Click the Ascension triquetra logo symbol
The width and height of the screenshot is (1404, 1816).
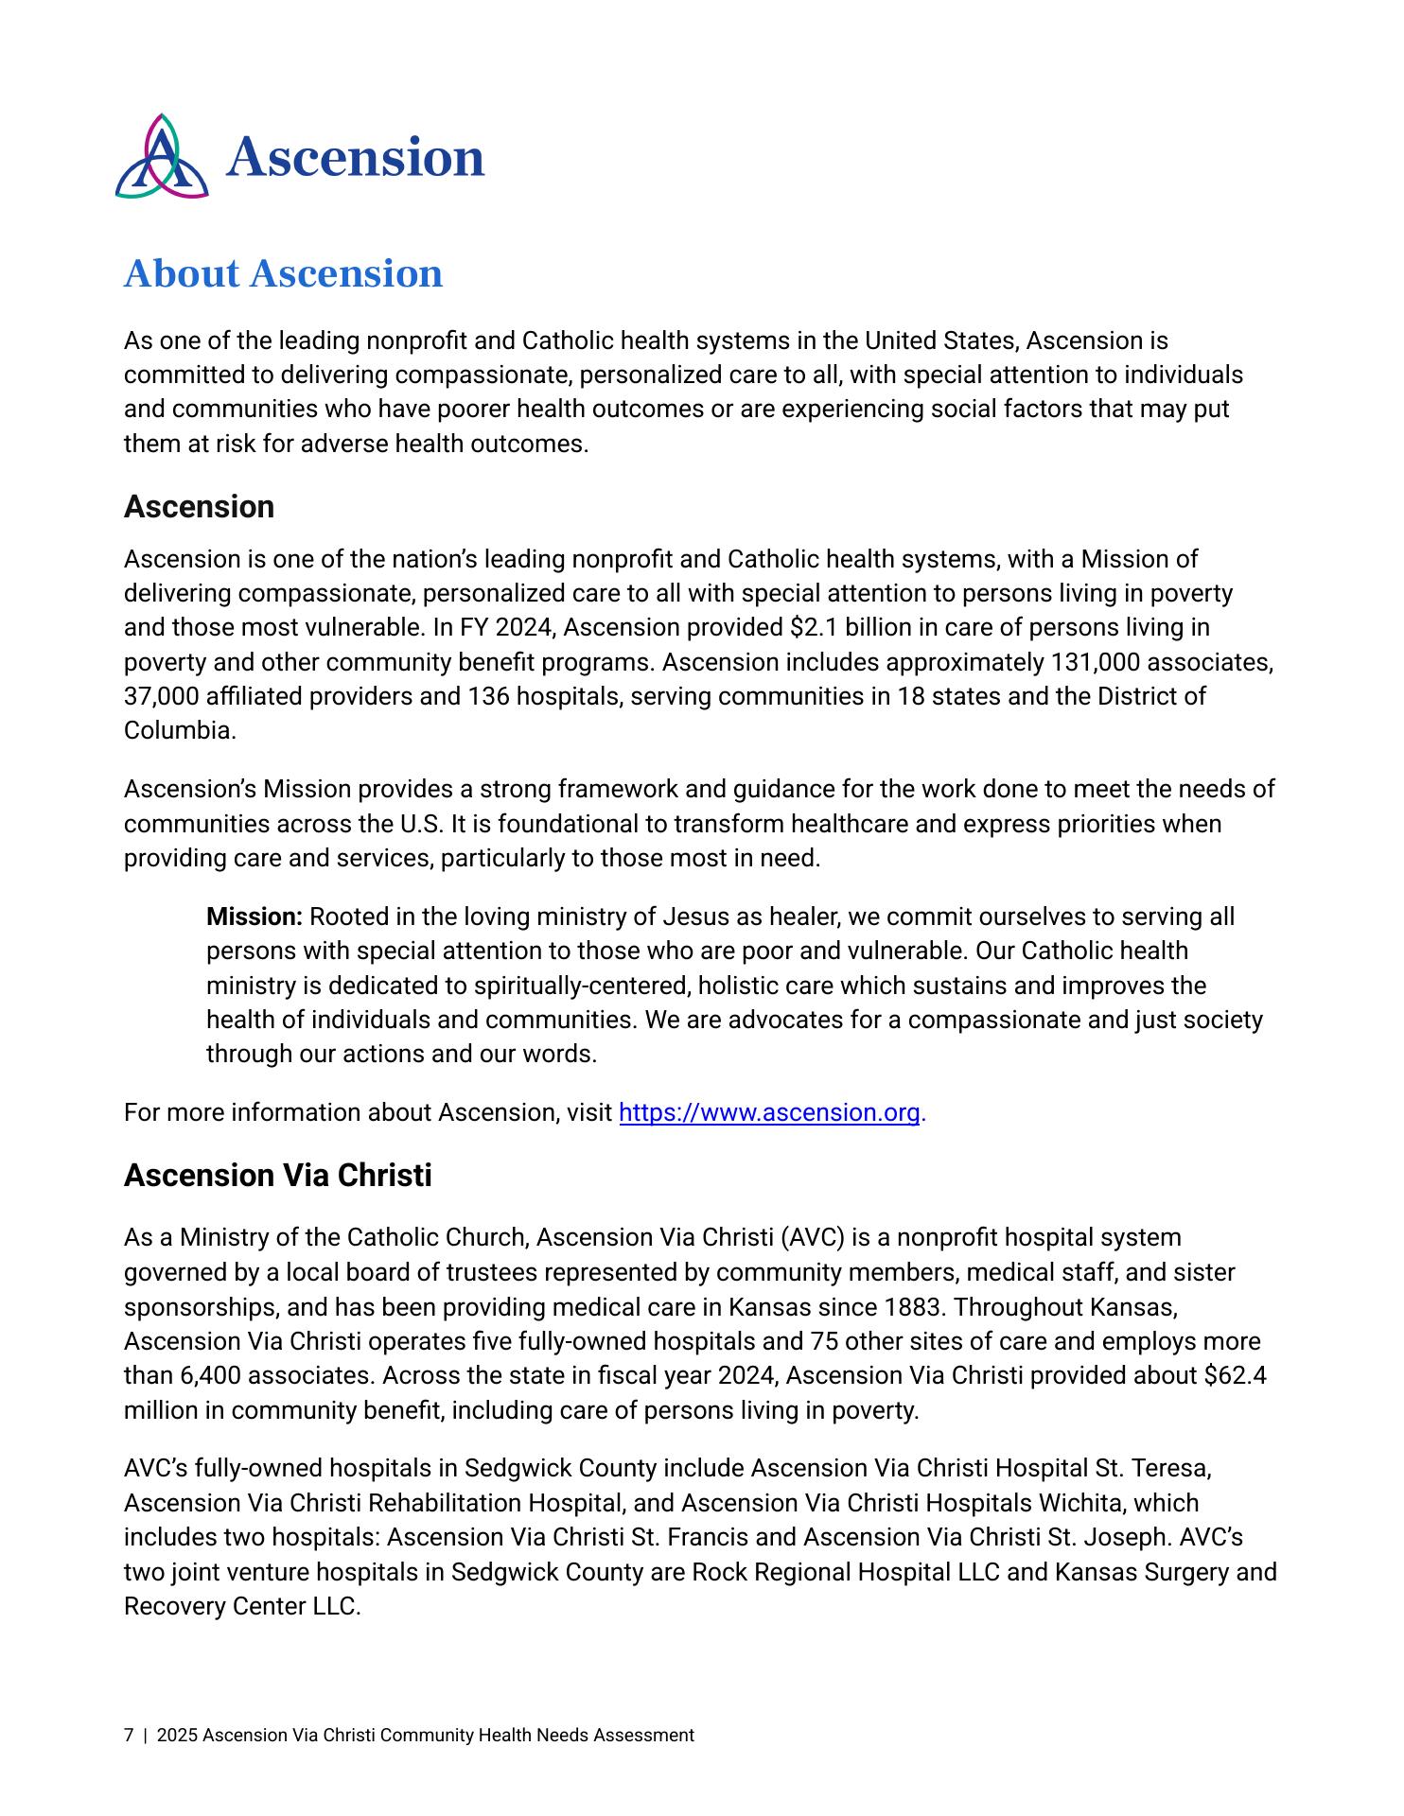(162, 156)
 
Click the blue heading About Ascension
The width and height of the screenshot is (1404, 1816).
(283, 273)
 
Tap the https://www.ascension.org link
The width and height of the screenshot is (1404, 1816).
(768, 1112)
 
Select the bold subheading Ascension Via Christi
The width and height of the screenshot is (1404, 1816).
(277, 1176)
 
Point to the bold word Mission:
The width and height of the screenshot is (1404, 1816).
(254, 917)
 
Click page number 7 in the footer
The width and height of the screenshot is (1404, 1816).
(129, 1736)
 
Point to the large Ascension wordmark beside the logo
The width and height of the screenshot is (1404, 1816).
(355, 157)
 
